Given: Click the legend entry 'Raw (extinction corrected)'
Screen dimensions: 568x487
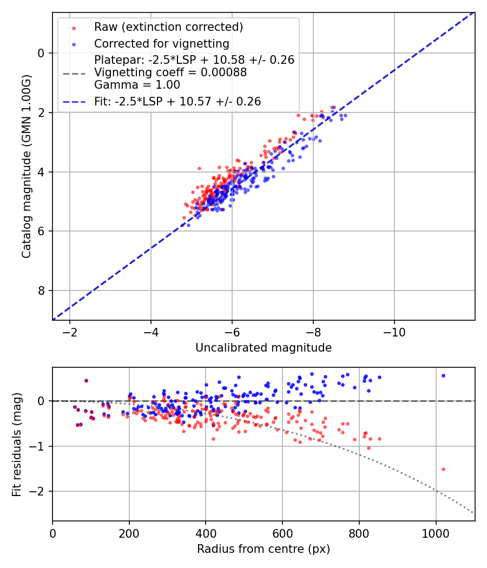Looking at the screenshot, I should [x=168, y=27].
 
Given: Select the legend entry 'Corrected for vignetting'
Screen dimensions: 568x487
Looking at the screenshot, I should [x=162, y=43].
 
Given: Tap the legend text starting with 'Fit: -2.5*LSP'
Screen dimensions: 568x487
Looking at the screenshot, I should [x=177, y=101].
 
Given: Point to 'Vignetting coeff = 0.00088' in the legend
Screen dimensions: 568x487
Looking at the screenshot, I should [x=170, y=72].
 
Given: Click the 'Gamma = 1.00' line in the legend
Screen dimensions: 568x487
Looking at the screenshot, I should [x=137, y=85].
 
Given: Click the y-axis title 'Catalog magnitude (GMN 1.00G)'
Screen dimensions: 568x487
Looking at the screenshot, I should [x=26, y=167].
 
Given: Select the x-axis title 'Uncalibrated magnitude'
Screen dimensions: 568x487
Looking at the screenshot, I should [x=264, y=348].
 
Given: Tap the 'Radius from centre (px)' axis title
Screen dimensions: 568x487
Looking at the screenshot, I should [x=264, y=549].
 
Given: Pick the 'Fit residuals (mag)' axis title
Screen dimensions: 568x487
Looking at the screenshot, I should [x=16, y=444].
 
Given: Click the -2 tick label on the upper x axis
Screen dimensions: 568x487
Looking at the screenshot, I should [x=70, y=331].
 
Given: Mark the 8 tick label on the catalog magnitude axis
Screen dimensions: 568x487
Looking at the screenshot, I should [x=42, y=291].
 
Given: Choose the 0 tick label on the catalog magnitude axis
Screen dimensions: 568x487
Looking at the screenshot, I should [x=42, y=53].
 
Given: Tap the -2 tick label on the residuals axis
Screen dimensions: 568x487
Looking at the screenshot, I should [x=39, y=492].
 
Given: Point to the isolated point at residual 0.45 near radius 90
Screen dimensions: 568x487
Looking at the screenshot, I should [x=86, y=381].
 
